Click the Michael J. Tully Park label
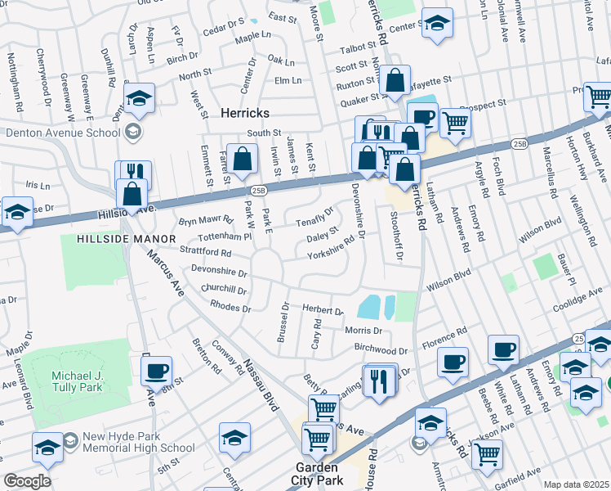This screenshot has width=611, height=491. (x=81, y=381)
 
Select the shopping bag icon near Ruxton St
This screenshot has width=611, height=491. (x=395, y=80)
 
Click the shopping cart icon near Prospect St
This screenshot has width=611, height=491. (x=455, y=123)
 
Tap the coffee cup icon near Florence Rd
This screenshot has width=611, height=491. (x=452, y=361)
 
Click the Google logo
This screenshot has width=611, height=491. (x=27, y=481)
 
